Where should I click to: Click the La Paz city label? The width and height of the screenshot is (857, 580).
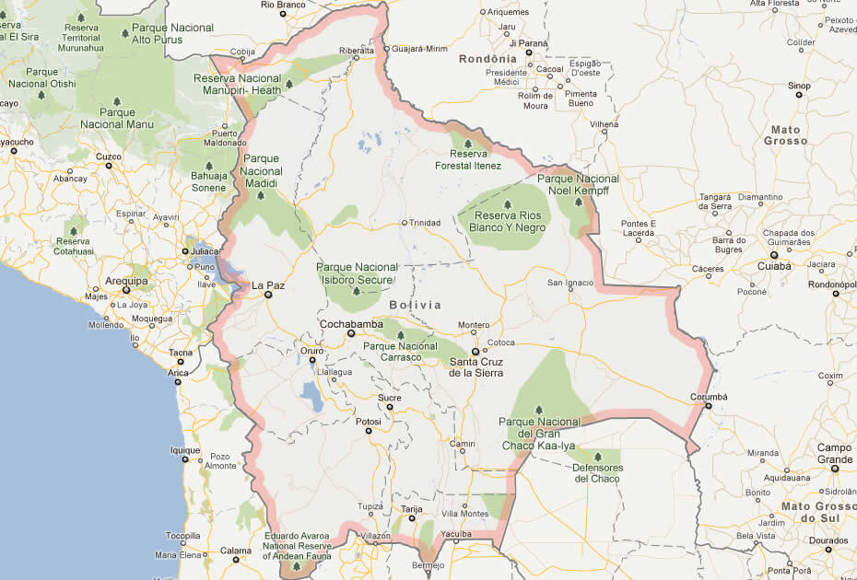pos(268,285)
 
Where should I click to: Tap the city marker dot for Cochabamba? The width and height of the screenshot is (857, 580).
pos(350,333)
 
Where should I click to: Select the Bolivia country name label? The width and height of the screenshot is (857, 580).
pos(415,305)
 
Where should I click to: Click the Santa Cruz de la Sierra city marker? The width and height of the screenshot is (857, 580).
pos(475,352)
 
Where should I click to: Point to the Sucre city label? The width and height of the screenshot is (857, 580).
pos(390,397)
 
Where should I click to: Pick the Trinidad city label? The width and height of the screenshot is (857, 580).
pos(425,223)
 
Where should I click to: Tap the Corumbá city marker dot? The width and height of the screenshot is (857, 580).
pos(708,406)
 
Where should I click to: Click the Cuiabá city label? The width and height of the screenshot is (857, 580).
pos(773,265)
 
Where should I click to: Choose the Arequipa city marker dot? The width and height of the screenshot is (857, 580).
pos(126,291)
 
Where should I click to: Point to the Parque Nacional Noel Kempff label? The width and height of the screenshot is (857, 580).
pos(579,184)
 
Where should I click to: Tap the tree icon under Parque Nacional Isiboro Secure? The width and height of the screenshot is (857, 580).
pos(357,291)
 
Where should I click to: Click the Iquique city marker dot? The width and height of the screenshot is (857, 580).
pos(184,459)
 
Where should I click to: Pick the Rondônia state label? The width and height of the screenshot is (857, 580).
pos(487,59)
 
